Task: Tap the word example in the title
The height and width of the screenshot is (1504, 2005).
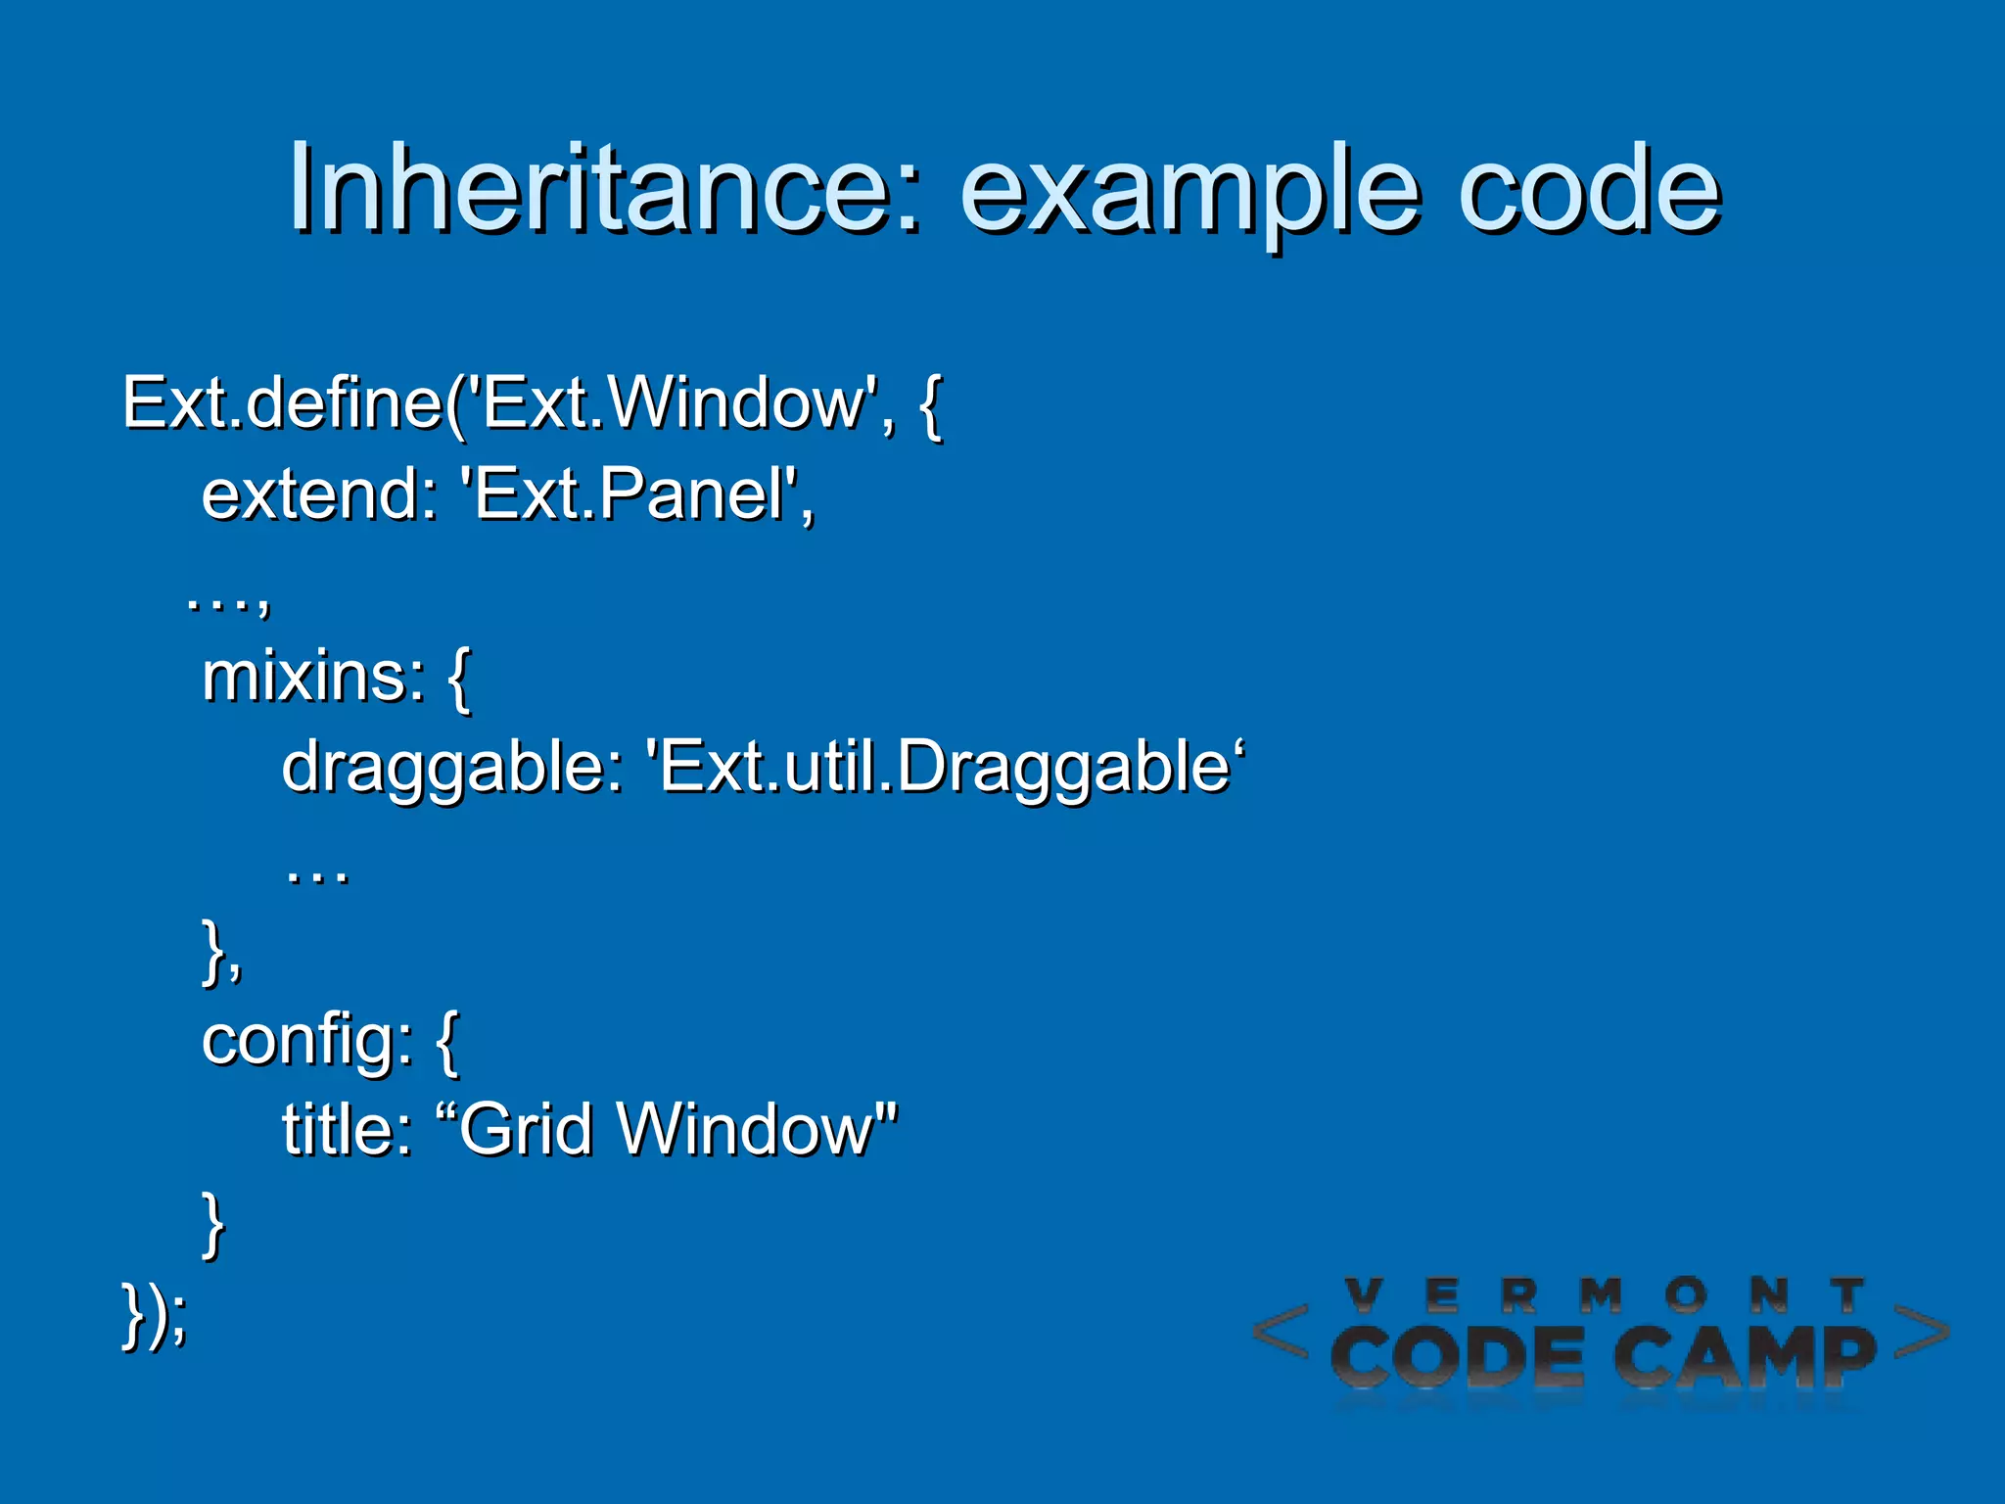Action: (x=1189, y=188)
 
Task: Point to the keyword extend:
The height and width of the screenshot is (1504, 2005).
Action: (x=319, y=493)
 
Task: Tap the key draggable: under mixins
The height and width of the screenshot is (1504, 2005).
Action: (x=451, y=767)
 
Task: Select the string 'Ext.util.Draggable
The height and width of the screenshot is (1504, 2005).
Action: (x=945, y=767)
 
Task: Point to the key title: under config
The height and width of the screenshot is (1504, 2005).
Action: (x=347, y=1130)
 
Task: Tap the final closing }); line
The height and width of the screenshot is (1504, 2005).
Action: (x=154, y=1314)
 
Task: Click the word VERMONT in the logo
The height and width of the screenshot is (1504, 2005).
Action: (x=1605, y=1296)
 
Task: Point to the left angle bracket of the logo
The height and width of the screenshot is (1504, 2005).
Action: (x=1282, y=1332)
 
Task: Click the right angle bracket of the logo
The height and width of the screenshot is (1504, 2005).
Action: (x=1921, y=1332)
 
